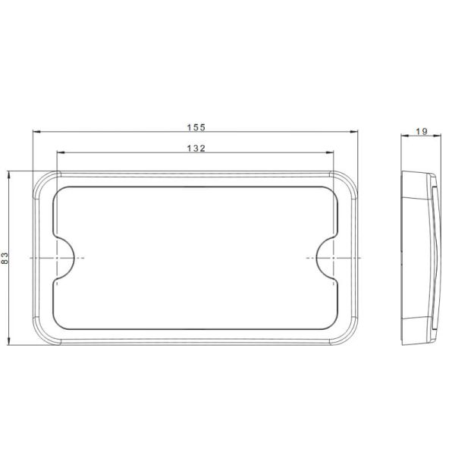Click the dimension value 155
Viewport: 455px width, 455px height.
196,127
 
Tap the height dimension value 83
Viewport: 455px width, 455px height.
6,258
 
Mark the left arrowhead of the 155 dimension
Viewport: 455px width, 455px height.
36,133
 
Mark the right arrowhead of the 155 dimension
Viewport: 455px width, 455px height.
357,133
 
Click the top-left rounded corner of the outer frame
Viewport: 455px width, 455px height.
42,179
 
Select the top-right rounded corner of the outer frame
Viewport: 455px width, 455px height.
351,179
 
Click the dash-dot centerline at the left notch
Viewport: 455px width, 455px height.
42,258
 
